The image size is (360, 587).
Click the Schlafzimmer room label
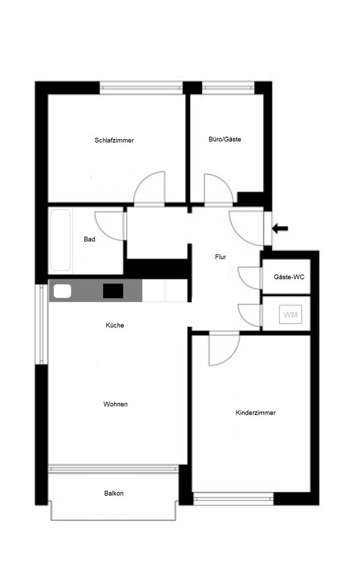tap(114, 140)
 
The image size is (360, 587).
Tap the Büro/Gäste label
tap(225, 139)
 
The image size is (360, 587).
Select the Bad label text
tap(90, 239)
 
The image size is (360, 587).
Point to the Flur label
tap(220, 257)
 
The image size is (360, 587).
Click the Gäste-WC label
tap(288, 277)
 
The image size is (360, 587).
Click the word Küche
tap(115, 326)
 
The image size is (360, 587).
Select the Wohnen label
tap(115, 404)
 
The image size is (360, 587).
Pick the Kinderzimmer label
tap(256, 413)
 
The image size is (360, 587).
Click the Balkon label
tap(114, 494)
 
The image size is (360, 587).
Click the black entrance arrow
tap(280, 228)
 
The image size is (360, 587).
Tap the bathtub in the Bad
tap(60, 240)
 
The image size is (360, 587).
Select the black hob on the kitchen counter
tap(113, 291)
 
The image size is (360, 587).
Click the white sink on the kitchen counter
tap(63, 291)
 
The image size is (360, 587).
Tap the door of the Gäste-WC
tap(250, 278)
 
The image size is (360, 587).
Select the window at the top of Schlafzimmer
tap(141, 88)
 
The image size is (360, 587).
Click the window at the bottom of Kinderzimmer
tap(233, 498)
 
